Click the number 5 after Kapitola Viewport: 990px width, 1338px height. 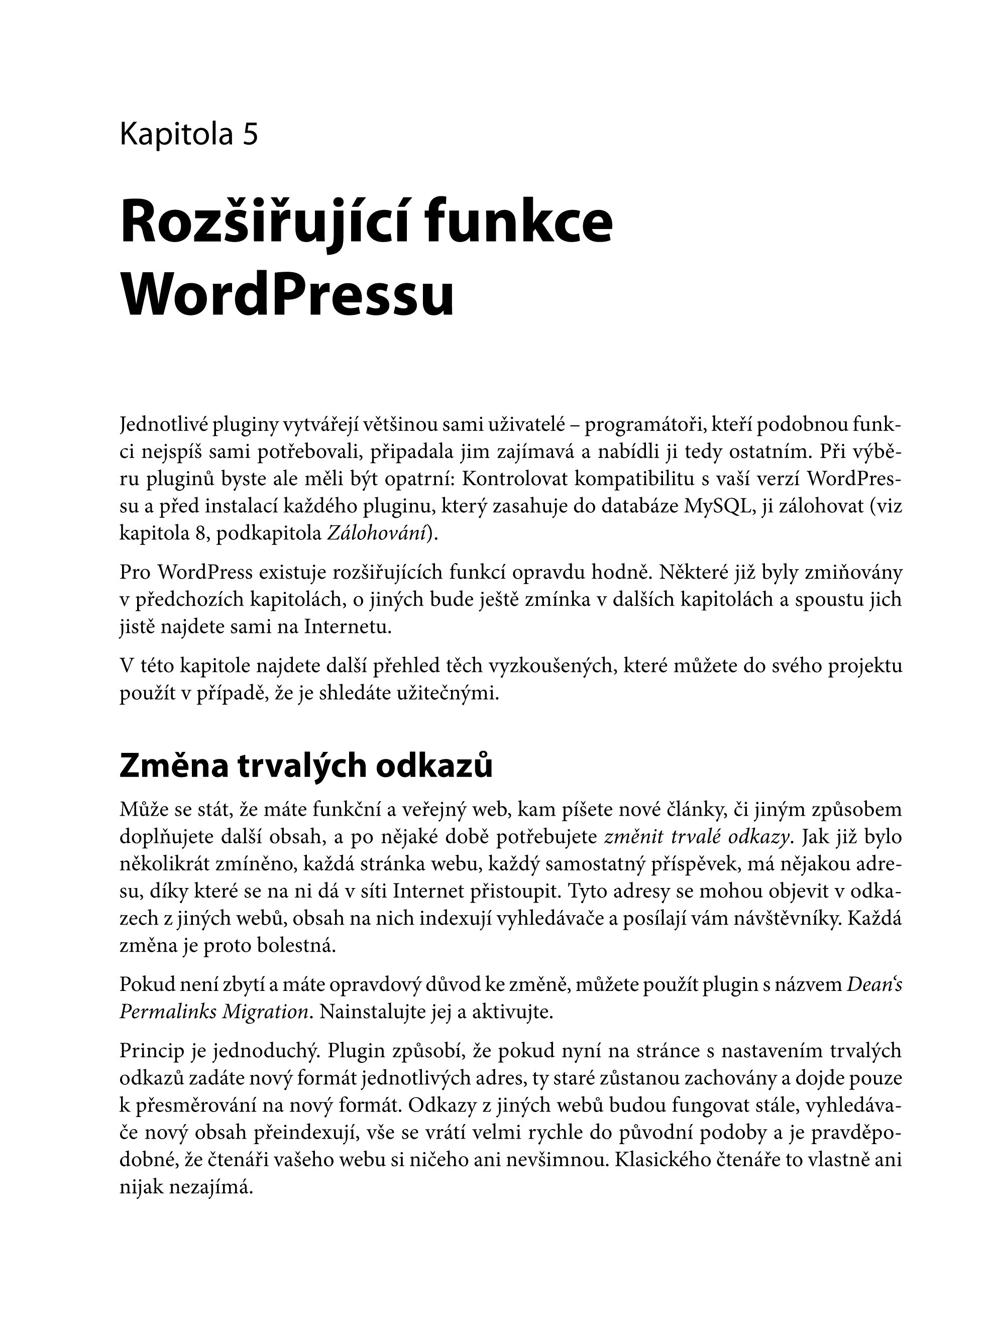click(251, 134)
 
